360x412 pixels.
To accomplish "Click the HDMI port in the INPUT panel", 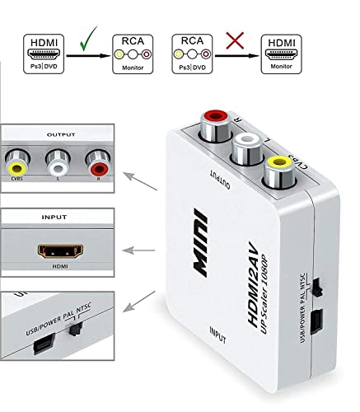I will click(55, 248).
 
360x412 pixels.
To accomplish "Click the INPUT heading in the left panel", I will click(55, 220).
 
